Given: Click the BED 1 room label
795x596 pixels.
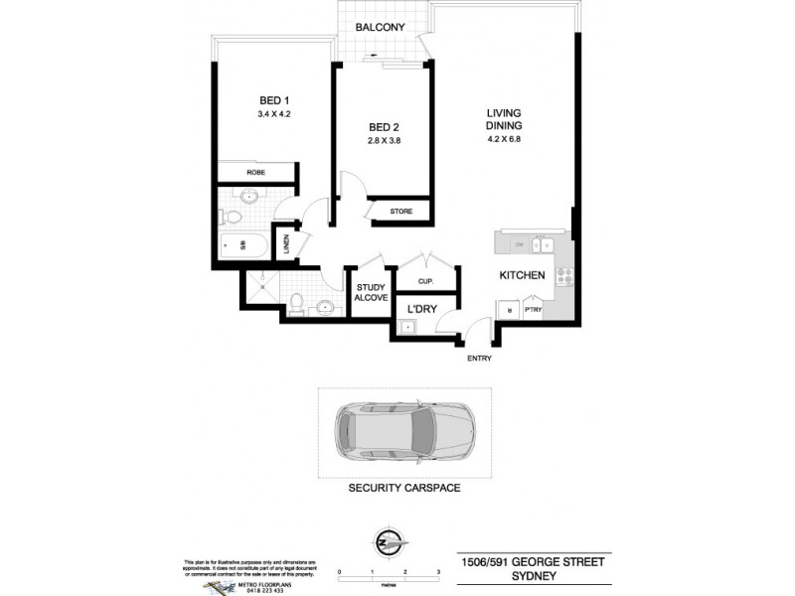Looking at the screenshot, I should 274,99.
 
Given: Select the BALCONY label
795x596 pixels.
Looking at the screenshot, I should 382,28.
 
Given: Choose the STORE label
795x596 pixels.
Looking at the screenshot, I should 400,212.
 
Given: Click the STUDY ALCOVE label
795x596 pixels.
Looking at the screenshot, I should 370,293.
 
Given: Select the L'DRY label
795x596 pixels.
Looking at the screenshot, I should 421,310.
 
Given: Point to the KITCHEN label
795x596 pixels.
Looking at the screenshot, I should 522,275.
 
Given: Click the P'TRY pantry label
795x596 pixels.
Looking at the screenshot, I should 534,310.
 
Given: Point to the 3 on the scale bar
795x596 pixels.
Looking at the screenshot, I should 438,573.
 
